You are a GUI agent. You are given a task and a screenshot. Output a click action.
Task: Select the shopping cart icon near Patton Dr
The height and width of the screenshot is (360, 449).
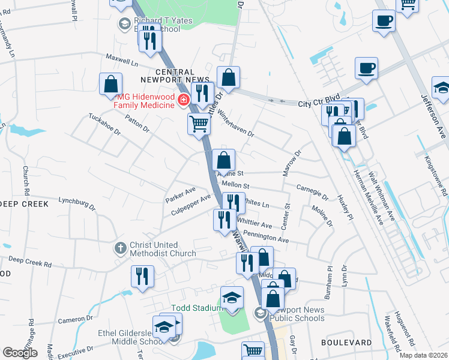click(x=199, y=124)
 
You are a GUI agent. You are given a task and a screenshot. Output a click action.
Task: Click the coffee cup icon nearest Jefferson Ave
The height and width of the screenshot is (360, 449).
click(x=366, y=68)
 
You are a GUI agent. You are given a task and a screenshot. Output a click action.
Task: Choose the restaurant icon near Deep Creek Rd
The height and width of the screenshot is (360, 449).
click(x=142, y=275)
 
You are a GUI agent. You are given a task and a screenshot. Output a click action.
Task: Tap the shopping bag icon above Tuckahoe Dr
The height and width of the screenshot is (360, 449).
click(x=111, y=84)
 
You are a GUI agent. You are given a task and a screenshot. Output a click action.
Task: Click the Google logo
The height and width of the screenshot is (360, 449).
click(x=20, y=353)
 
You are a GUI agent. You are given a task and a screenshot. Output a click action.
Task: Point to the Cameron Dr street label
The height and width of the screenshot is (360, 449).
click(x=76, y=320)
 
